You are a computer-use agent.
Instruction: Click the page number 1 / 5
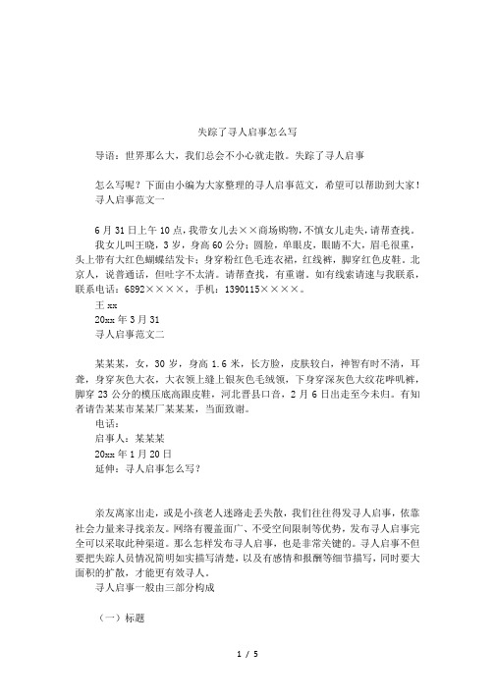(247, 680)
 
